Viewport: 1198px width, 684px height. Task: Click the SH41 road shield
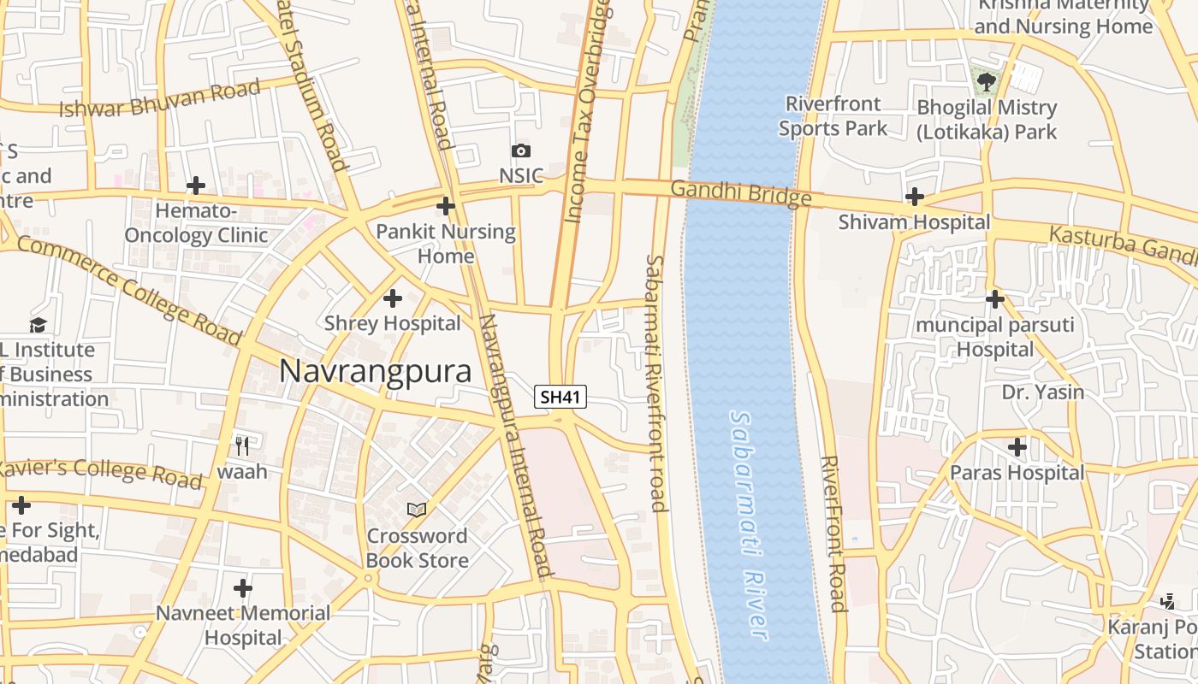(560, 397)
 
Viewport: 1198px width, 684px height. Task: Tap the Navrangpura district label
(376, 372)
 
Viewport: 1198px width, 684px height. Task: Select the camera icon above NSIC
(520, 151)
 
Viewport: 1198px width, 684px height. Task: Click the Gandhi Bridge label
(740, 193)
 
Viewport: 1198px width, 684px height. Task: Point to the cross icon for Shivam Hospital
(914, 198)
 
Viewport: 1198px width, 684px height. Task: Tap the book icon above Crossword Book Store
(417, 510)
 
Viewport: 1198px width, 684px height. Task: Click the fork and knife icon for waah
(242, 445)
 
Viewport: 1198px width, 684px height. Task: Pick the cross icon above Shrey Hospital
(393, 298)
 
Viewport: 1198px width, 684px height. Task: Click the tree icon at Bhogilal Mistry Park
(987, 82)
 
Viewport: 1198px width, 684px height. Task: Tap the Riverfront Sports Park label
(833, 116)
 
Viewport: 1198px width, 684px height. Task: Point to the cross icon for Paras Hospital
(1017, 447)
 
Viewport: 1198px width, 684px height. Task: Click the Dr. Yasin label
(1042, 392)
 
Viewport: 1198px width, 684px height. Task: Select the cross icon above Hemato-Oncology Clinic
(196, 185)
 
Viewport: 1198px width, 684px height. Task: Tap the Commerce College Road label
(128, 290)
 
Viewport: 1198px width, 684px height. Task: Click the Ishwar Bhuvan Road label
(159, 98)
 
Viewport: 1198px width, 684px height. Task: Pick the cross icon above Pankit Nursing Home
(445, 206)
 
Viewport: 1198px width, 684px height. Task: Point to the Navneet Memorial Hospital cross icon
(243, 588)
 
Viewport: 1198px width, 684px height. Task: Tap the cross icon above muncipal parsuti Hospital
(994, 299)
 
